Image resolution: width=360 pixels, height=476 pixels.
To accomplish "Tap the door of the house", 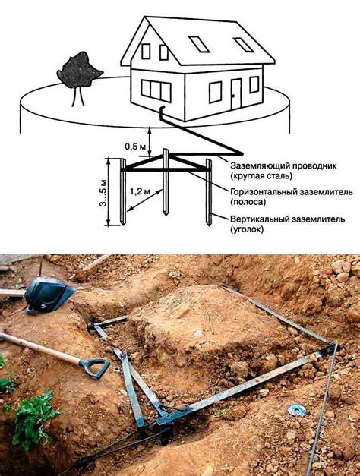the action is (236, 94).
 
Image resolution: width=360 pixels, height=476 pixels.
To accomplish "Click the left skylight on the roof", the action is (199, 44).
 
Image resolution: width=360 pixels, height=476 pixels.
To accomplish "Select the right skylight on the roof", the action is (244, 45).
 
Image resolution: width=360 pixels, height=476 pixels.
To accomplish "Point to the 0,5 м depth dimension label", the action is (135, 147).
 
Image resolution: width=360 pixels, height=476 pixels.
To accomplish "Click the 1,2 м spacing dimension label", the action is (141, 191).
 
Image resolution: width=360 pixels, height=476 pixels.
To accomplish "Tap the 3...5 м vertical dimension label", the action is (103, 193).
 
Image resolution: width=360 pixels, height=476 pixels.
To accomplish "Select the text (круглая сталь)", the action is (261, 175).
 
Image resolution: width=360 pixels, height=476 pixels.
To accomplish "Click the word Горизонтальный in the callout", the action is (264, 192).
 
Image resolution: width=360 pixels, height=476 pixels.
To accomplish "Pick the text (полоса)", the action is (248, 202).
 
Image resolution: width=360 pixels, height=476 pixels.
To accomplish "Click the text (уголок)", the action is (247, 229).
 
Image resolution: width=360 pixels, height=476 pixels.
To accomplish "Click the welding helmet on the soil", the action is (49, 295).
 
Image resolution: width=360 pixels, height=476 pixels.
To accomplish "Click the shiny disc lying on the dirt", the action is (296, 410).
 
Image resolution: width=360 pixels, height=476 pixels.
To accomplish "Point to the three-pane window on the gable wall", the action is (156, 90).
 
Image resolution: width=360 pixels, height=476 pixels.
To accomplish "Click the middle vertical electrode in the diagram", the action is (166, 182).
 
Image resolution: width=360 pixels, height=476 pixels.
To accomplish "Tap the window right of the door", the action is (254, 85).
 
